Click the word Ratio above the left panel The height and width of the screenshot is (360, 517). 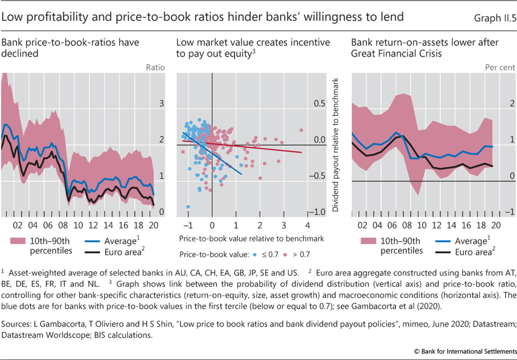pos(155,67)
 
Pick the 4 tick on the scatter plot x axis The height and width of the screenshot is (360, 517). pos(308,225)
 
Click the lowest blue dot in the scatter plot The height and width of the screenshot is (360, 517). pos(188,206)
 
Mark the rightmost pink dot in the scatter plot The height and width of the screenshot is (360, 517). pos(302,130)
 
